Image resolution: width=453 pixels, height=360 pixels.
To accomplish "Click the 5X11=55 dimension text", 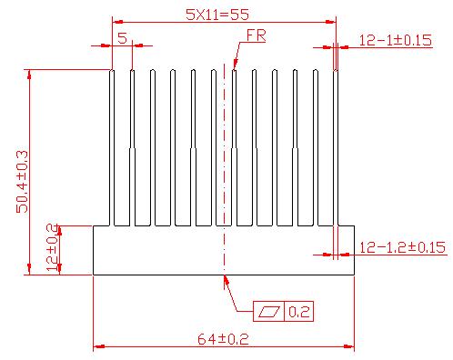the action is click(217, 15).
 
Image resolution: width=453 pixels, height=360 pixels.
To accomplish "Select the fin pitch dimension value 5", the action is click(122, 38).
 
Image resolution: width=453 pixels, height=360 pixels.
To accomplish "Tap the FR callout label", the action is click(257, 35).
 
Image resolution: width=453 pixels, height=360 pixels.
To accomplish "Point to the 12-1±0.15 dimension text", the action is click(396, 40).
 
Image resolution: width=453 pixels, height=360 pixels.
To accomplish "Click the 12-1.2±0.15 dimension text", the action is click(402, 247).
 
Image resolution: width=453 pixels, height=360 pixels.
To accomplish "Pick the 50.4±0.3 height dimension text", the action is click(22, 182).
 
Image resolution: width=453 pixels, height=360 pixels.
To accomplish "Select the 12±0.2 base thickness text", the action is click(52, 247).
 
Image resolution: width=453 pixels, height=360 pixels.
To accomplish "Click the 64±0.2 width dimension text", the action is click(223, 339).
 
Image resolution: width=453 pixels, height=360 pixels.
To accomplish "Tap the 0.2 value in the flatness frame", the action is click(298, 312).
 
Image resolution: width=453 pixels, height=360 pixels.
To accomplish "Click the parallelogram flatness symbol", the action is click(269, 312).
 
